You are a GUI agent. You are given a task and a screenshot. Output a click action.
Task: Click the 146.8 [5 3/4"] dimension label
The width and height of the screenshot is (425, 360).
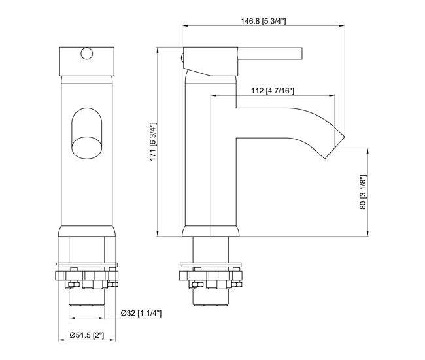click(x=263, y=21)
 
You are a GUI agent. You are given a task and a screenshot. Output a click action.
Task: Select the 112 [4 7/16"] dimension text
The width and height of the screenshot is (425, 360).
click(x=273, y=90)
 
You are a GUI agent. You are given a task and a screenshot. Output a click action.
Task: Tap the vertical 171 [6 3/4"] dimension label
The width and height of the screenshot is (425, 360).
click(x=153, y=142)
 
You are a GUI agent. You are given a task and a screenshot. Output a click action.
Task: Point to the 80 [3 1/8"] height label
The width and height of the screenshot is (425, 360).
click(x=363, y=192)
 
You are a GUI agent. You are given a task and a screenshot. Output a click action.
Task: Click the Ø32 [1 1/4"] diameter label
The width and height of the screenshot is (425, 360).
click(x=141, y=313)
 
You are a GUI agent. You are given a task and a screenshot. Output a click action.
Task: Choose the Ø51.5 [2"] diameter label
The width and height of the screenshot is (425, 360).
click(x=87, y=335)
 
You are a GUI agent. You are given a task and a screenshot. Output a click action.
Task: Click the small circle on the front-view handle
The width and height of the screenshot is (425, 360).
click(x=87, y=54)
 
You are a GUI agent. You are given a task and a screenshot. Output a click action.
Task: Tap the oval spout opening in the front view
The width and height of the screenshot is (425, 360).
click(x=87, y=148)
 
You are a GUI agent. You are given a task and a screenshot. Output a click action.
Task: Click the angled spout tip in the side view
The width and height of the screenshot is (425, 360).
click(x=335, y=145)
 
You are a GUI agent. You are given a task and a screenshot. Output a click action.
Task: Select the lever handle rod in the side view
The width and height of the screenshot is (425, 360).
click(x=270, y=53)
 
